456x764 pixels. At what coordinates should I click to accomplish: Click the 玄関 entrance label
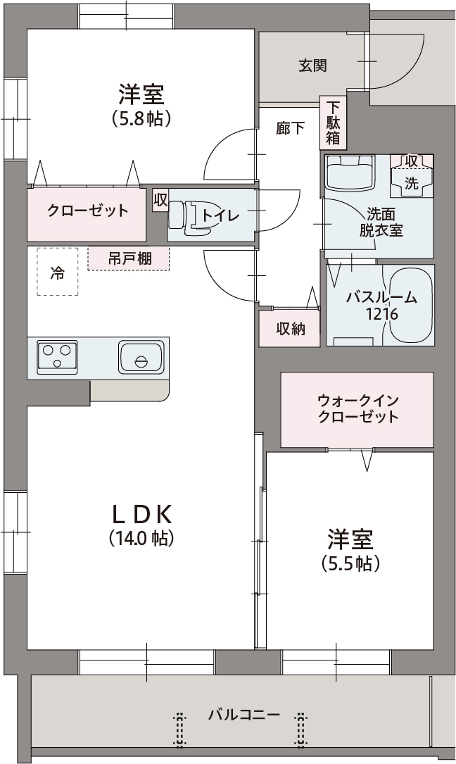pos(312,65)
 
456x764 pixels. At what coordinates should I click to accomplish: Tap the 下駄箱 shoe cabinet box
pos(333,123)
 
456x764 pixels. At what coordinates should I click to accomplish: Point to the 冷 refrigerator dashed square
pos(57,272)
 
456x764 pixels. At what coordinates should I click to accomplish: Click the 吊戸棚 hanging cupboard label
pos(129,258)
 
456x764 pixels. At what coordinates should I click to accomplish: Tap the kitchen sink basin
pos(141,356)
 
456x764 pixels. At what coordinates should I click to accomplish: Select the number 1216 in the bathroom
pos(381,315)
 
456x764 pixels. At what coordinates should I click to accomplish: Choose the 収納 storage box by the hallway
pos(290,328)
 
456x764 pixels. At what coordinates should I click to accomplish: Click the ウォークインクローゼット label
pos(357,408)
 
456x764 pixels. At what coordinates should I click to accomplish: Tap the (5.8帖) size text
pos(141,119)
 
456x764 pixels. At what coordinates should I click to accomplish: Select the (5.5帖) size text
pos(350,563)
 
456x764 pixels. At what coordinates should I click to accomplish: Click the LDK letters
pos(141,513)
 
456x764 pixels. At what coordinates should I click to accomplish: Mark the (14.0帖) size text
pos(141,539)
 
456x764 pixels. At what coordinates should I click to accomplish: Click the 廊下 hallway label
pos(290,128)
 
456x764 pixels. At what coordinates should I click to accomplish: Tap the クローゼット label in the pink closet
pos(88,211)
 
